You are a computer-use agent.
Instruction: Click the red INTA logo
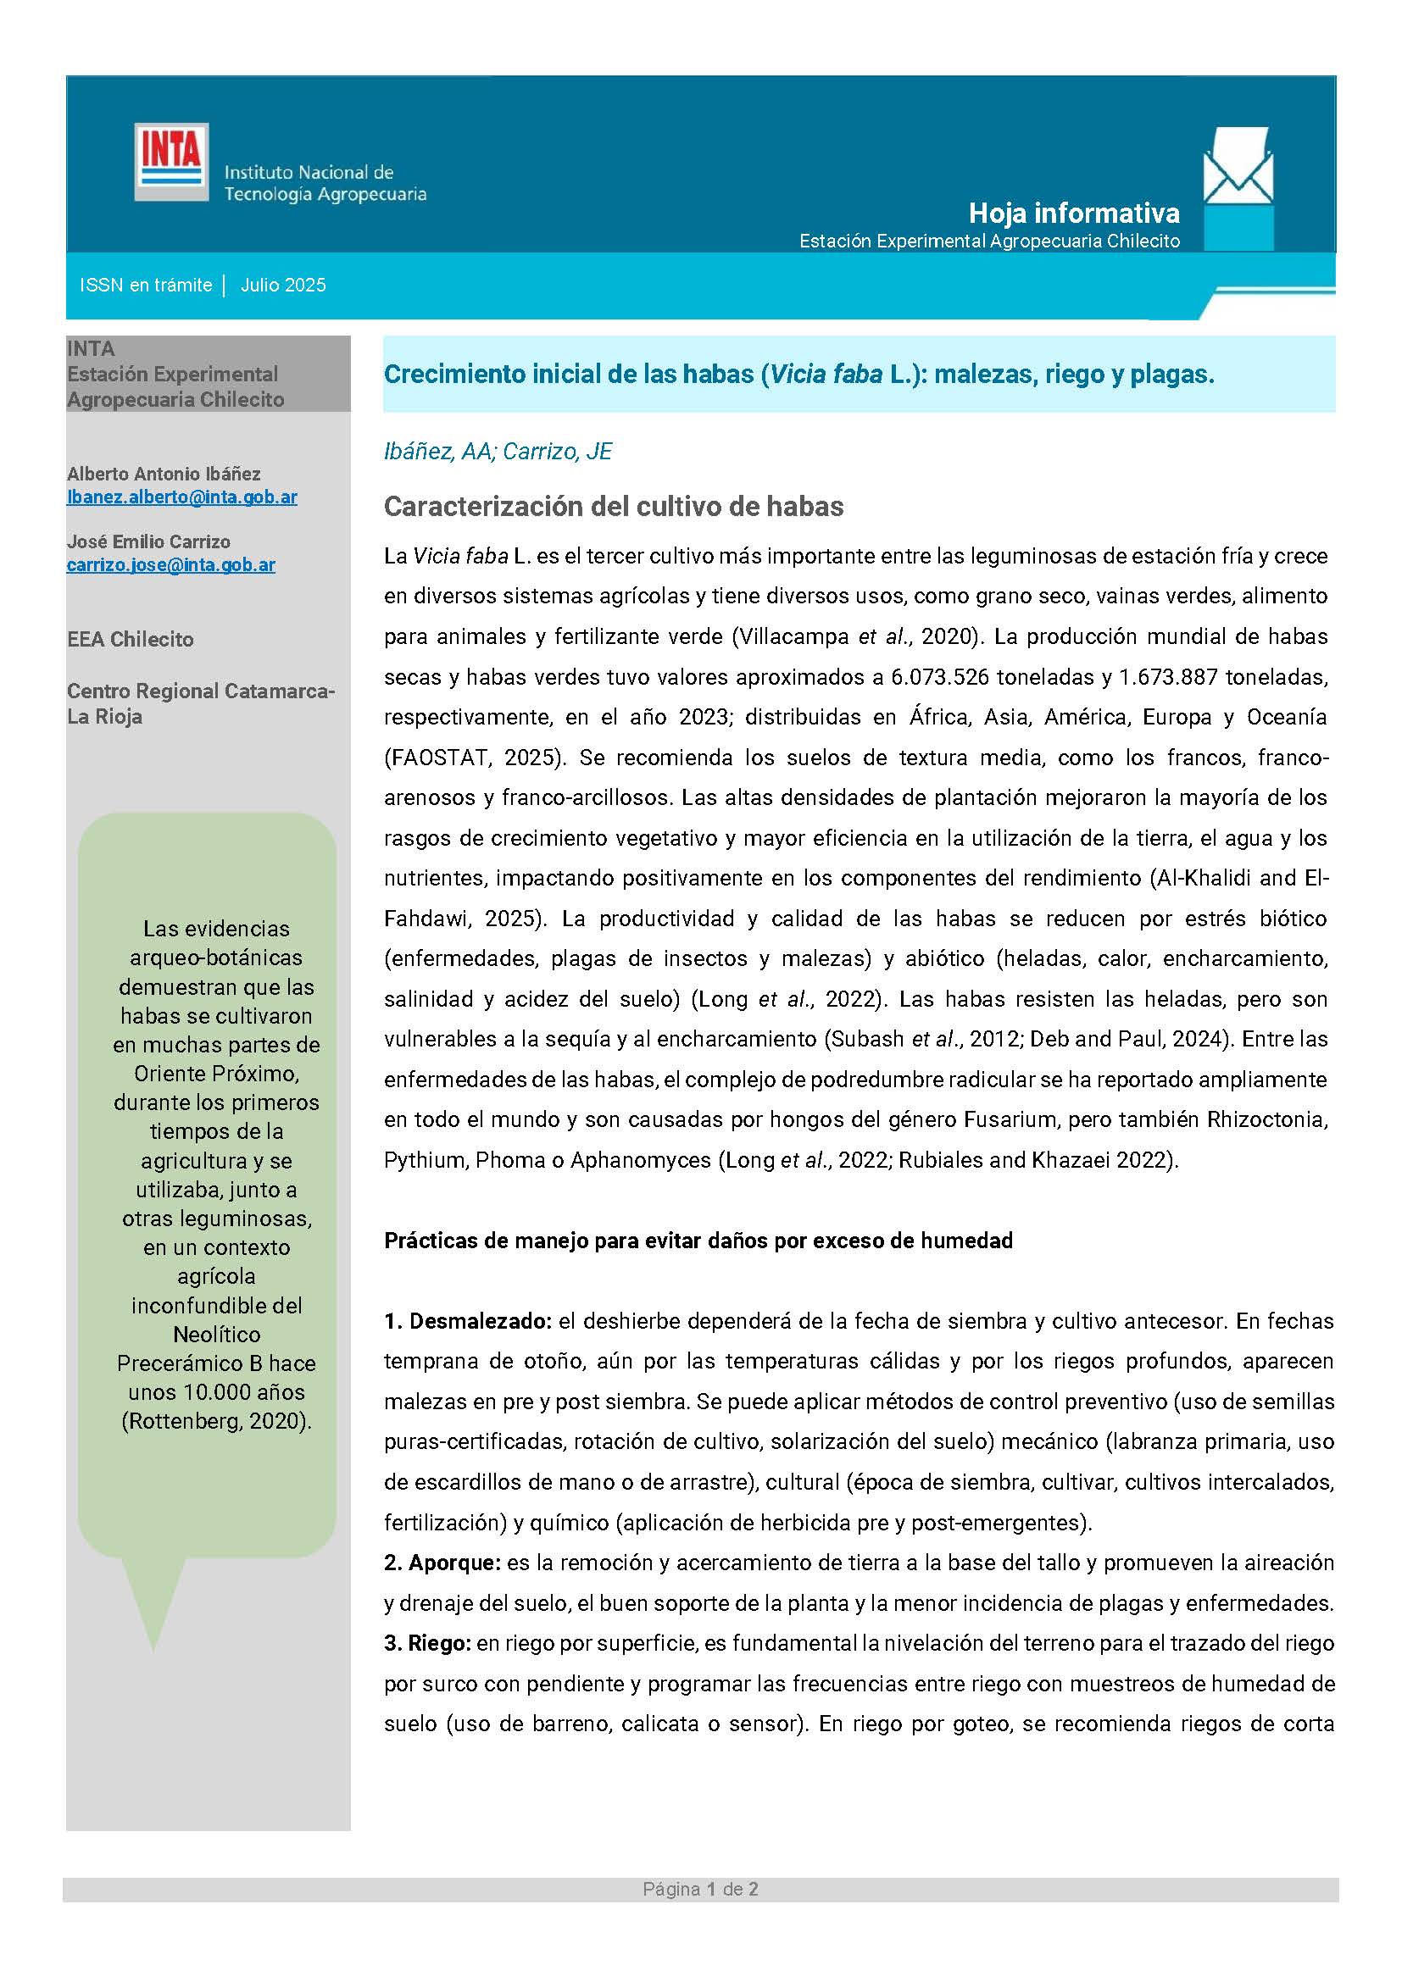tap(171, 162)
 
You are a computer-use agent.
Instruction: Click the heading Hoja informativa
tap(1073, 213)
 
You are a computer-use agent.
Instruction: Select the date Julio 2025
tap(283, 286)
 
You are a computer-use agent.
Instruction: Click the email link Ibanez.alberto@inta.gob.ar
tap(182, 497)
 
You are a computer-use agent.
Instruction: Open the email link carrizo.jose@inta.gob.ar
tap(171, 565)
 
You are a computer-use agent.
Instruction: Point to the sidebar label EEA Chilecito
tap(131, 640)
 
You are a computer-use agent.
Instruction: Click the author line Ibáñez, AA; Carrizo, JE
tap(498, 452)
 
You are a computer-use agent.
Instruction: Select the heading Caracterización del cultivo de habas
tap(613, 506)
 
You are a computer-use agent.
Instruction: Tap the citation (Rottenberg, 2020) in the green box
tap(217, 1421)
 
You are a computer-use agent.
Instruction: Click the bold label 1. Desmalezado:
tap(468, 1321)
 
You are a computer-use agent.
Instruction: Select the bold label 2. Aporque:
tap(442, 1563)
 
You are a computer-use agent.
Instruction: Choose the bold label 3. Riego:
tap(427, 1643)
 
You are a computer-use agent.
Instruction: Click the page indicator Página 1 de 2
tap(700, 1890)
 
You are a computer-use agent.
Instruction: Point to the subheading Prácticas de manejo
tap(698, 1241)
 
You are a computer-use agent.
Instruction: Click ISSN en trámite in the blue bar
tap(146, 286)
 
